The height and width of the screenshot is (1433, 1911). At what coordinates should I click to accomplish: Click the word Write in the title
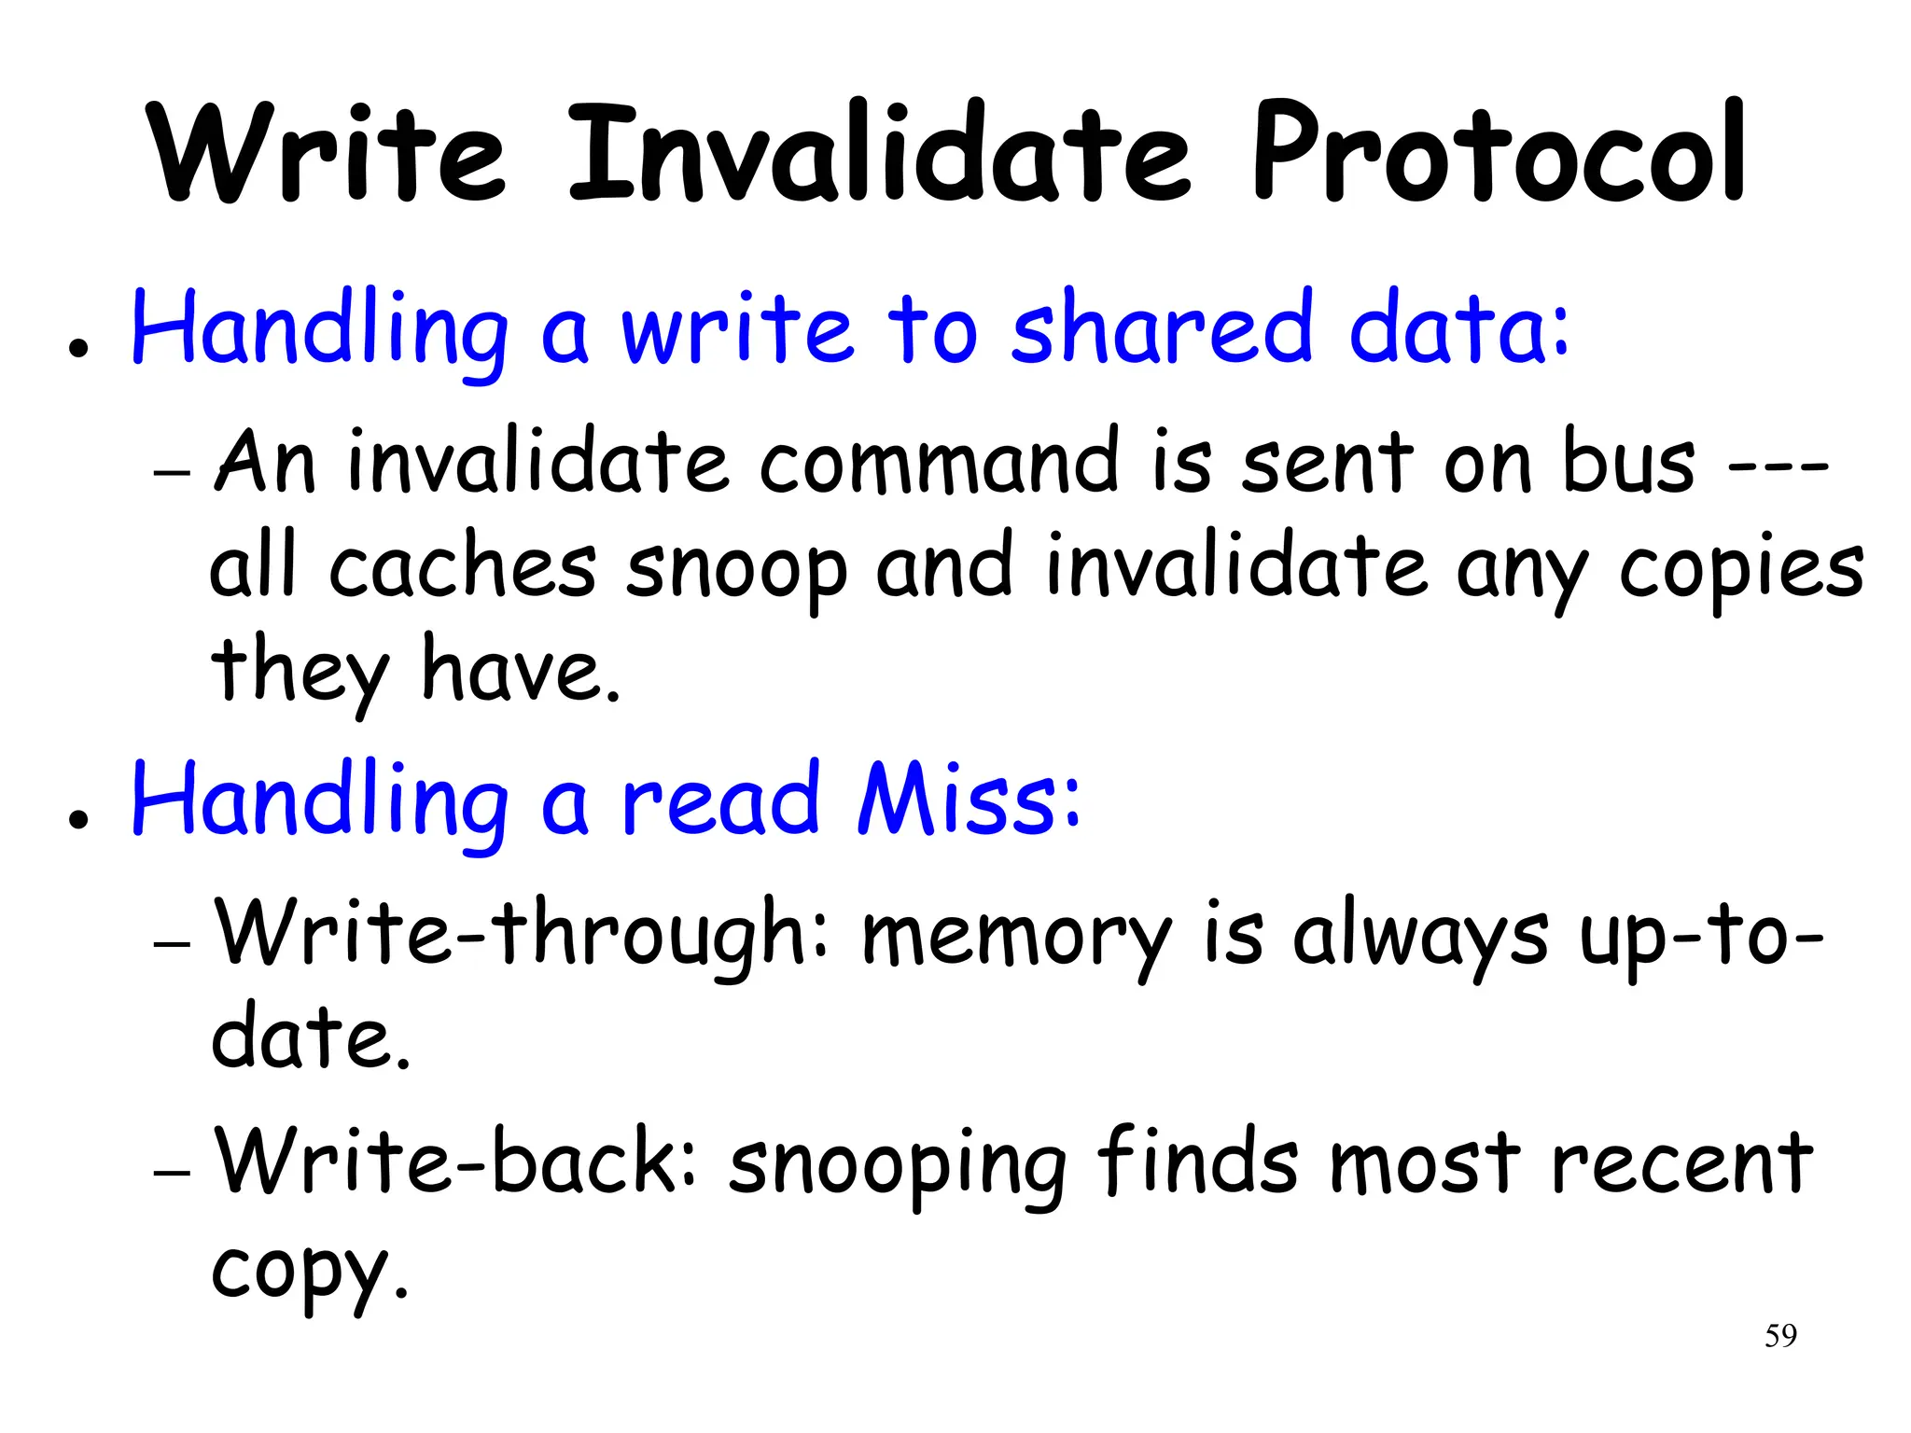coord(327,154)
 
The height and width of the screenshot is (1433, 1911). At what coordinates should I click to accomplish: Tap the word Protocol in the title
coord(1498,154)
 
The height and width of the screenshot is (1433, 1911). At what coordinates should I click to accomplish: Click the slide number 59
coord(1780,1336)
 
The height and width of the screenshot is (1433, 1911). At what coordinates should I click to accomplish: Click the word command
coord(939,462)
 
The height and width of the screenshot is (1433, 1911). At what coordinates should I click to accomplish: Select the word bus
coord(1628,462)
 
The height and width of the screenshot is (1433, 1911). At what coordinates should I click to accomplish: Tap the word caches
coord(462,567)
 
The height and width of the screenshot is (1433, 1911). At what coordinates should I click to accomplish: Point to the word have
coord(521,670)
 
